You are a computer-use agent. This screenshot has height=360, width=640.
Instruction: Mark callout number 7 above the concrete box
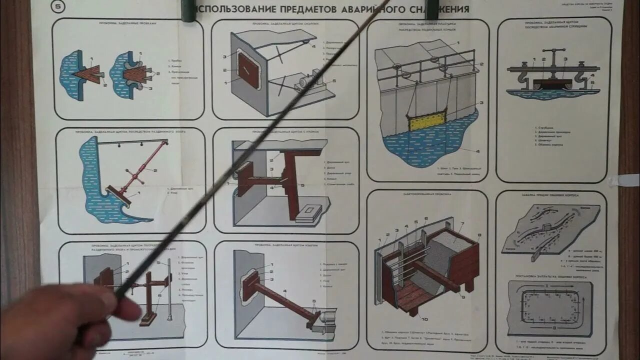pos(462,224)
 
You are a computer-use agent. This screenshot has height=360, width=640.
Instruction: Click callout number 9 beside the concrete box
pos(463,297)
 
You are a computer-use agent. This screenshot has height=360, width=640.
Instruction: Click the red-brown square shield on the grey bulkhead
pos(248,70)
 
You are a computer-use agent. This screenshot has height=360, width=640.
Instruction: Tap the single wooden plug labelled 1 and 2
pos(87,74)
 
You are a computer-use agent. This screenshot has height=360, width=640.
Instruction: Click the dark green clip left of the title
pos(188,11)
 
